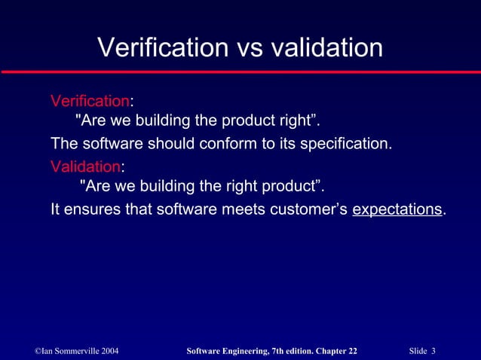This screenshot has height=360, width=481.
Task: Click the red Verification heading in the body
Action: pos(90,101)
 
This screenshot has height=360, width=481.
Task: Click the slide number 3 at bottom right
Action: pos(434,352)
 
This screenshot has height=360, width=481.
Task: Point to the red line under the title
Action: pos(240,71)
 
